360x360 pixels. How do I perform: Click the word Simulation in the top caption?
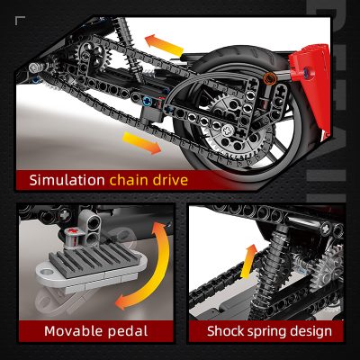point(67,180)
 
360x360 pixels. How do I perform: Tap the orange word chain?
point(130,180)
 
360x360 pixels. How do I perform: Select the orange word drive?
point(170,180)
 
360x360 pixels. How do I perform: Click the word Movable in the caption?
point(73,331)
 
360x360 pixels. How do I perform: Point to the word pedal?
point(126,331)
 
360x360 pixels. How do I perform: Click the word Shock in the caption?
point(225,331)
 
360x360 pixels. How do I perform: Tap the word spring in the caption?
point(269,331)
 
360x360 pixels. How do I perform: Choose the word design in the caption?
point(312,331)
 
